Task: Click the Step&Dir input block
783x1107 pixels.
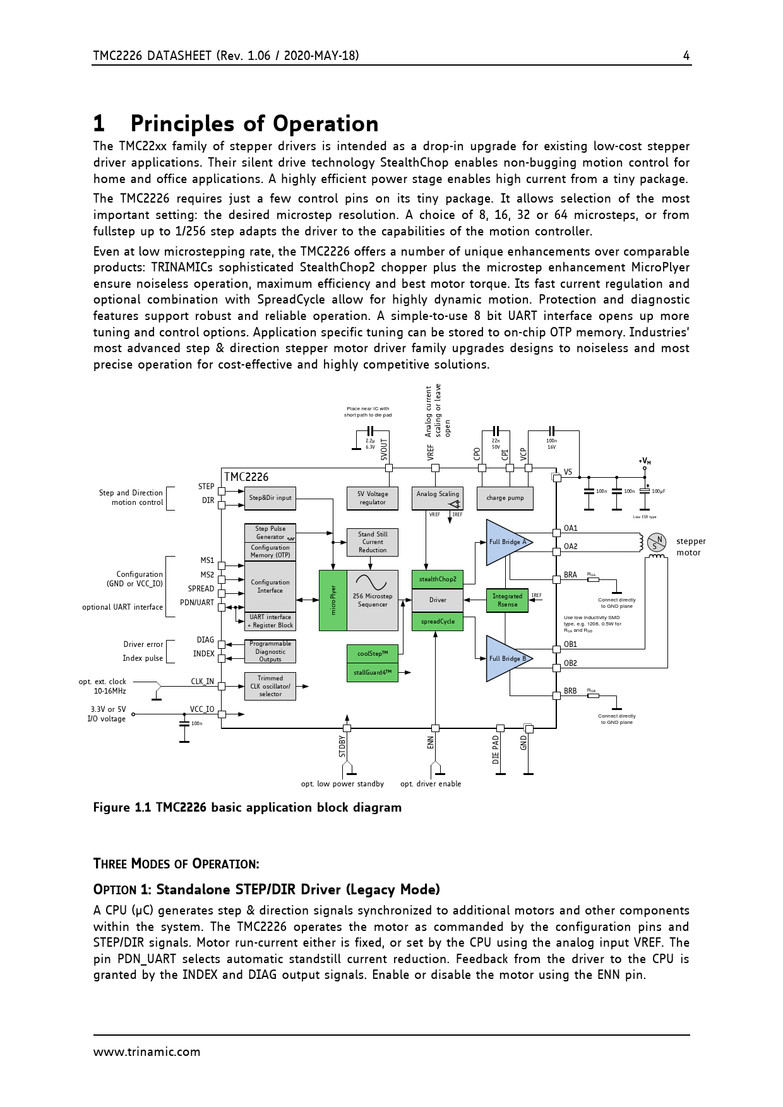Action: [x=270, y=498]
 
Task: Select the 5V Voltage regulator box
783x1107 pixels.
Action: [x=373, y=498]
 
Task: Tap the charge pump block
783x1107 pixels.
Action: [x=505, y=498]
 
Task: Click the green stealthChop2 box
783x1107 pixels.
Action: [x=438, y=579]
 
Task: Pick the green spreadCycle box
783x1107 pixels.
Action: [x=438, y=622]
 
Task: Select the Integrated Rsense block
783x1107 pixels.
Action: [x=507, y=600]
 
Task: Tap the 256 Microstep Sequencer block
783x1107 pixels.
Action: [x=373, y=600]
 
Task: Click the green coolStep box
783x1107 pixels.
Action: [x=373, y=654]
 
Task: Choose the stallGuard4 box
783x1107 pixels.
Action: [x=373, y=673]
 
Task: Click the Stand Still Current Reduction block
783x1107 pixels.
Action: [x=373, y=542]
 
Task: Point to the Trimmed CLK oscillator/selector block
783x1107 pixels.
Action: [x=270, y=686]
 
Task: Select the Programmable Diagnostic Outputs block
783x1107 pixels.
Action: [x=270, y=652]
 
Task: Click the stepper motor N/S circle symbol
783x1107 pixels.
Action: [x=657, y=542]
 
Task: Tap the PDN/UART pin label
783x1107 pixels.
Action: [x=197, y=603]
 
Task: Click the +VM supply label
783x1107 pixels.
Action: [x=645, y=461]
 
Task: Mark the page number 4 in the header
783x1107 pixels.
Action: [x=686, y=56]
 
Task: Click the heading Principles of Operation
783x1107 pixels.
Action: [x=254, y=124]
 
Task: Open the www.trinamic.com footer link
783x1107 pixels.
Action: [x=146, y=1052]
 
